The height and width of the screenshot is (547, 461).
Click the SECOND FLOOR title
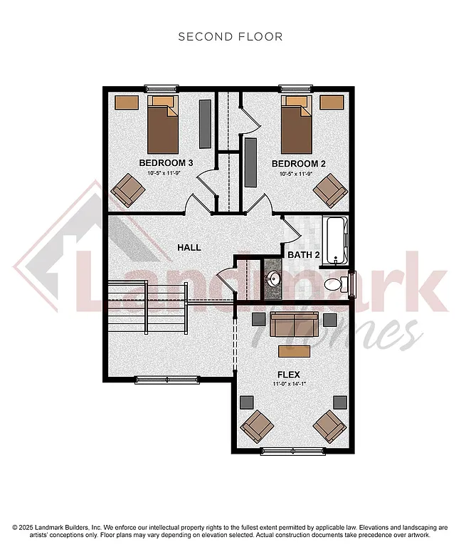click(230, 36)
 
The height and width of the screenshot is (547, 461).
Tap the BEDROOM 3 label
click(170, 163)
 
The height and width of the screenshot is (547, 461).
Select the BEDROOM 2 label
click(299, 163)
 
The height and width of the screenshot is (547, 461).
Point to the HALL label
click(189, 247)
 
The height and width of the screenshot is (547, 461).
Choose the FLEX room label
click(289, 373)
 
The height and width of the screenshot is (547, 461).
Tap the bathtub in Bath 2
click(335, 241)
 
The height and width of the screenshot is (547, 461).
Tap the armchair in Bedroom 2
click(329, 189)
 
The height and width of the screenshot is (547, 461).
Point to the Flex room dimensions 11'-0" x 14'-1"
click(290, 385)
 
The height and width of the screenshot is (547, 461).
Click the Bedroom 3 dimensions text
click(170, 173)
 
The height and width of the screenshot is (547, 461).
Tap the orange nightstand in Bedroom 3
click(127, 103)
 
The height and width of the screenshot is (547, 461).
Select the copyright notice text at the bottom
click(231, 531)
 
